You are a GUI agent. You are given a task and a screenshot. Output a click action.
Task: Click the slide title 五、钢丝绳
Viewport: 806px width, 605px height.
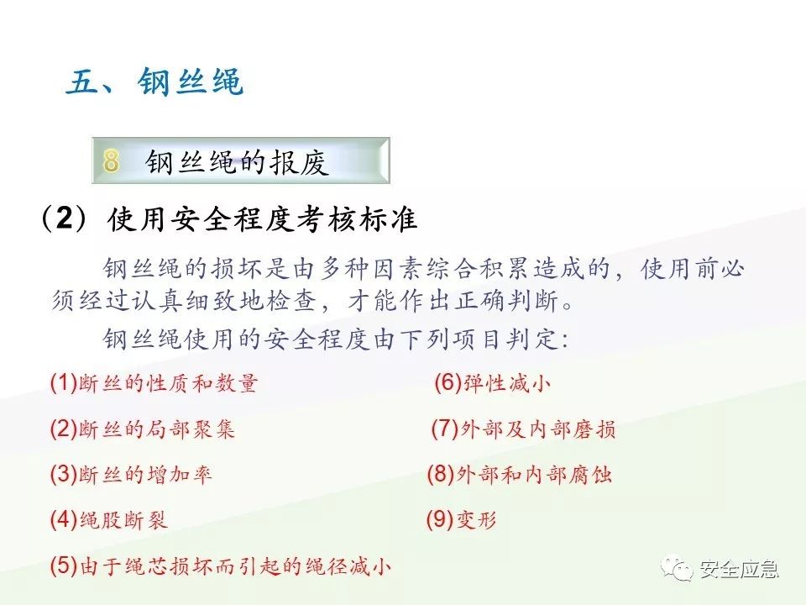[154, 84]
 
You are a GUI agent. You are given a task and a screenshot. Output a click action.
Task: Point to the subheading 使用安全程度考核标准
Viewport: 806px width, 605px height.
[262, 220]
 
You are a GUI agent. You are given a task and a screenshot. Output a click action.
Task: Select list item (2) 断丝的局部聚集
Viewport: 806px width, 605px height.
[143, 429]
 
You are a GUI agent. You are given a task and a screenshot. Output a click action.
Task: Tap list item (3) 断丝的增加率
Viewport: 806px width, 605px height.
[132, 474]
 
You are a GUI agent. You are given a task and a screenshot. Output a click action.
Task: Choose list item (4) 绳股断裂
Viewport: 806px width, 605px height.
[109, 519]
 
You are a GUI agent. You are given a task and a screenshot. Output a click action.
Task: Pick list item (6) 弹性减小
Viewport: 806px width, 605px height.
[492, 384]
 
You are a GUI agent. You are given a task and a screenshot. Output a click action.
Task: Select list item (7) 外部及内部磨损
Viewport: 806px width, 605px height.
[524, 429]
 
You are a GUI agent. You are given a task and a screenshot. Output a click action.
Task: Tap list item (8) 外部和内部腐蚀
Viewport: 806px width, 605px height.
[520, 475]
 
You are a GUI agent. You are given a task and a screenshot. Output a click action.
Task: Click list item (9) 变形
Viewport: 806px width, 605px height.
[462, 520]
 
